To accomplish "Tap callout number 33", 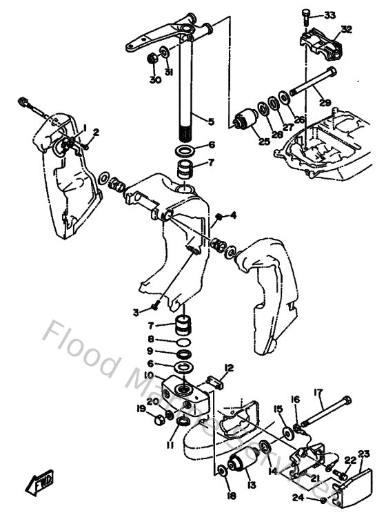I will pos(329,15).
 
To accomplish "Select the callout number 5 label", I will pos(211,122).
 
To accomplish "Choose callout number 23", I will pos(363,454).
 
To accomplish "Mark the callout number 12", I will pos(230,367).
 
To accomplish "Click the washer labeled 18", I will pos(222,472).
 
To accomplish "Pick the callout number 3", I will pos(136,313).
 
